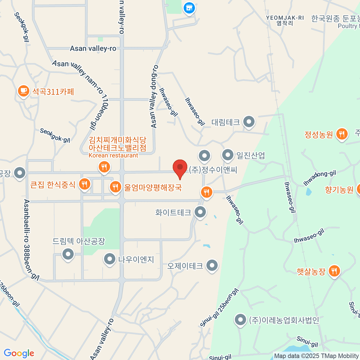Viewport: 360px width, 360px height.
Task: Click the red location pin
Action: tap(180, 167)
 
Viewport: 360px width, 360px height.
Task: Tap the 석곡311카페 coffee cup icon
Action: tap(23, 91)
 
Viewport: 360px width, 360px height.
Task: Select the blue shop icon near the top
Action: tap(189, 8)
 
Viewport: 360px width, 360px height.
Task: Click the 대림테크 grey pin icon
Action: tap(249, 122)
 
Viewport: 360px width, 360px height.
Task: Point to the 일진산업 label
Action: tap(251, 155)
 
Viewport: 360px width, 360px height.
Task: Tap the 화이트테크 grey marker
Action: tap(200, 212)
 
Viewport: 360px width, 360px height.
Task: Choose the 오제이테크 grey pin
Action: tap(212, 265)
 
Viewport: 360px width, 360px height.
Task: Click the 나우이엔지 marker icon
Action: tap(109, 259)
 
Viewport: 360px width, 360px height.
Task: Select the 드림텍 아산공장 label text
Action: tap(79, 241)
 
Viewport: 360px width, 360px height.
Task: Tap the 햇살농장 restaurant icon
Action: tap(334, 271)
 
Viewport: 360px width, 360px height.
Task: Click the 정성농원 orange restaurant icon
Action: tap(342, 134)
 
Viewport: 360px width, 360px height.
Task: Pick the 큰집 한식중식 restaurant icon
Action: tap(85, 184)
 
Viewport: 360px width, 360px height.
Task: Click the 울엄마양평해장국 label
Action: tap(153, 188)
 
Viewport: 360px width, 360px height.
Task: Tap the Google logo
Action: tap(19, 353)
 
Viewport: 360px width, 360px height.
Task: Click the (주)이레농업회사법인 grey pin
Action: tap(240, 320)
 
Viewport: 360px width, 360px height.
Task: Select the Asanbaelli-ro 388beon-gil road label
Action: tap(31, 239)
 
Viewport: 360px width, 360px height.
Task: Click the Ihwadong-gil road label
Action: tap(319, 178)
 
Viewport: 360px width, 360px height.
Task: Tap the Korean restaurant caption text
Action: tap(113, 155)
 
